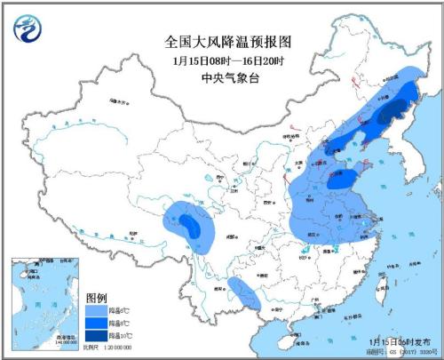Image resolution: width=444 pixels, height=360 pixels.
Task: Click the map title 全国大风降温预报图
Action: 228,41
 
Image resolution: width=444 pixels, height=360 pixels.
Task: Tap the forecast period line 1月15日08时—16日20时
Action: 228,60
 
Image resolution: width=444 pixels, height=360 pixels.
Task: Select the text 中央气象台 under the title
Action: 228,78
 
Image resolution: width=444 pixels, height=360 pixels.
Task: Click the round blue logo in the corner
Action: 28,29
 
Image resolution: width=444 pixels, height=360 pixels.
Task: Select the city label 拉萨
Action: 133,233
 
